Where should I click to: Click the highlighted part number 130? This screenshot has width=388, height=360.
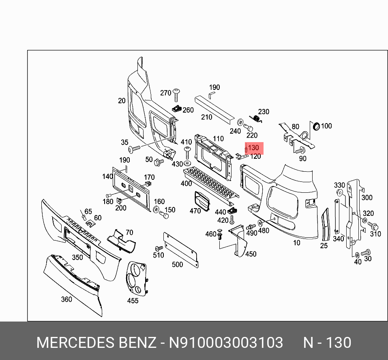click(x=253, y=148)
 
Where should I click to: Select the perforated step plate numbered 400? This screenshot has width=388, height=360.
click(x=211, y=185)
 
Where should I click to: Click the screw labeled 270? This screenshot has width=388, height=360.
click(x=176, y=94)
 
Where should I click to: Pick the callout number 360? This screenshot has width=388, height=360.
click(x=66, y=299)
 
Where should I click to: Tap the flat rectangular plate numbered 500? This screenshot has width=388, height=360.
click(x=180, y=250)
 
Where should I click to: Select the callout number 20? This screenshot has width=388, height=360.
click(x=122, y=100)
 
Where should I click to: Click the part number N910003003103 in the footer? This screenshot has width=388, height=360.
click(x=226, y=343)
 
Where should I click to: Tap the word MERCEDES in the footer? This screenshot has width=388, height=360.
click(x=75, y=343)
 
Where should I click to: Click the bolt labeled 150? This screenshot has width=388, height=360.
click(x=165, y=215)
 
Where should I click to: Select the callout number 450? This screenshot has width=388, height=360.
click(x=251, y=254)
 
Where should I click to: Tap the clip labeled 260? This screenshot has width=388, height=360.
click(x=177, y=108)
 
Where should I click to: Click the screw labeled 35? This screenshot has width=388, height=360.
click(x=134, y=148)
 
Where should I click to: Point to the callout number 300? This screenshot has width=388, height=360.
click(x=367, y=198)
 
